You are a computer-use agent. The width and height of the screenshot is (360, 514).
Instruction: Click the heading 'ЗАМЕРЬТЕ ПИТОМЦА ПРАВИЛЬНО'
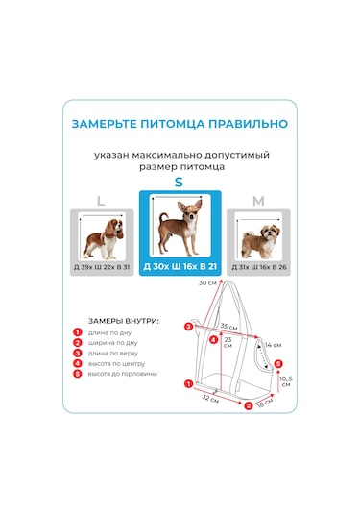click(x=180, y=124)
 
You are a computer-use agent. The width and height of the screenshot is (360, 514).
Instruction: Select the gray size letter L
click(x=100, y=201)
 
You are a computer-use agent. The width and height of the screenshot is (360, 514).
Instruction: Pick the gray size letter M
click(x=257, y=201)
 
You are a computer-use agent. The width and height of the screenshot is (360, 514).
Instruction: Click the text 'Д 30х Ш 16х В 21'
click(x=180, y=266)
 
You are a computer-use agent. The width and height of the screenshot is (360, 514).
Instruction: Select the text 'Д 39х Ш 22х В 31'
click(x=101, y=266)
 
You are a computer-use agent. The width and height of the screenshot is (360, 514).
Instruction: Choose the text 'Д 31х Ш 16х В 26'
click(x=257, y=266)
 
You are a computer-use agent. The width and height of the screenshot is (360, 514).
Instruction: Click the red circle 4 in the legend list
click(x=78, y=363)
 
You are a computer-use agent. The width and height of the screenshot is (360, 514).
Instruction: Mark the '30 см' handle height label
click(x=207, y=283)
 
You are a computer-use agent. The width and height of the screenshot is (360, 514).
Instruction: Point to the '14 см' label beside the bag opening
click(x=274, y=344)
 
